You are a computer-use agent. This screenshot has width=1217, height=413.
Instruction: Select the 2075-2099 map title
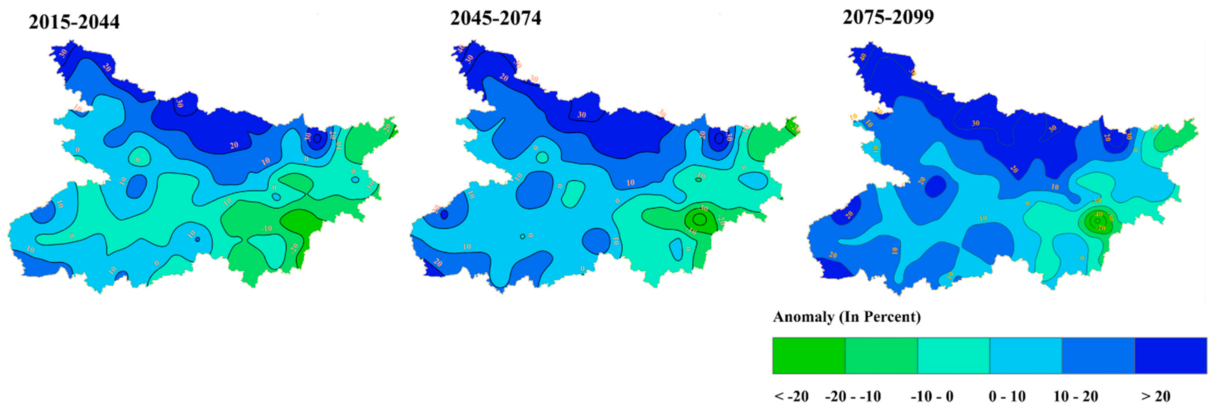(888, 17)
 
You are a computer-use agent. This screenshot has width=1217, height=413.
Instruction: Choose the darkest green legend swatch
(809, 355)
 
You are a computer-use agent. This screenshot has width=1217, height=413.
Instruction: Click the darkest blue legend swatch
(1171, 355)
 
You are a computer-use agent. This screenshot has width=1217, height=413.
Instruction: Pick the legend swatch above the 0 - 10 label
(1026, 355)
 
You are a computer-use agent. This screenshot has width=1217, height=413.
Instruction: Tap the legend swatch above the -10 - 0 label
(953, 355)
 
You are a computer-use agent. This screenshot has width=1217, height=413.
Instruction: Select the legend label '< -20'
(791, 396)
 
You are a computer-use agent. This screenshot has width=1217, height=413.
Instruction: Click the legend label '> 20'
(1156, 396)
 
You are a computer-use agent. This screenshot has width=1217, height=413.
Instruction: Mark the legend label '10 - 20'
(1076, 396)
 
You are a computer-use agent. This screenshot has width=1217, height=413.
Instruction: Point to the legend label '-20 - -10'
(853, 396)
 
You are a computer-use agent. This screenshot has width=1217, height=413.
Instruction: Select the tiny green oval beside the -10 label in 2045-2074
(698, 180)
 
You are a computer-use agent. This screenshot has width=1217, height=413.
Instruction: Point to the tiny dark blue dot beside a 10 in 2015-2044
(197, 239)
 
